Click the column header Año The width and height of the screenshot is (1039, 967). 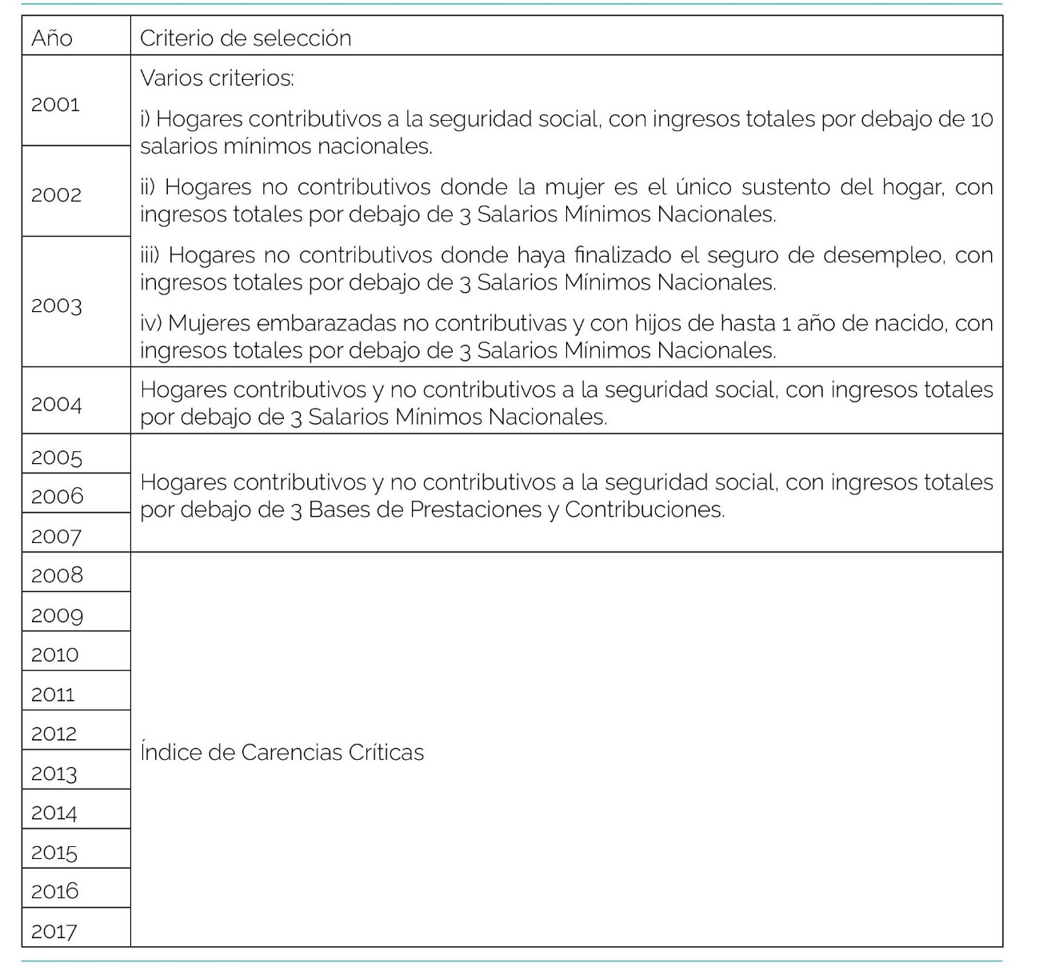52,38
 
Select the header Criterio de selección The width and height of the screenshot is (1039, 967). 246,38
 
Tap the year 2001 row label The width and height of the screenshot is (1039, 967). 56,105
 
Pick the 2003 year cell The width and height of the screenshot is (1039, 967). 57,306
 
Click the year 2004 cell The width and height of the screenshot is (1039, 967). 57,404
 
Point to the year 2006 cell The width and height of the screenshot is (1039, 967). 57,496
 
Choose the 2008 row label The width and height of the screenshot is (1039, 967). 57,575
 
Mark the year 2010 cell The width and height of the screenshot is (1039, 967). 55,654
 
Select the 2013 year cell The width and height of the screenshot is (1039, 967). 54,773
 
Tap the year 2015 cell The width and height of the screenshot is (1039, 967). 54,852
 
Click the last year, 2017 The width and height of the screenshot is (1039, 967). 54,931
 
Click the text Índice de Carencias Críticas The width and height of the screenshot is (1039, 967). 282,753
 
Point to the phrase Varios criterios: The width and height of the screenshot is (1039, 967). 217,78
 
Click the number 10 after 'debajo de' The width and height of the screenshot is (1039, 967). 981,120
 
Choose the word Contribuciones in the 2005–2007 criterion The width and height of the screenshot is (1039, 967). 644,509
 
